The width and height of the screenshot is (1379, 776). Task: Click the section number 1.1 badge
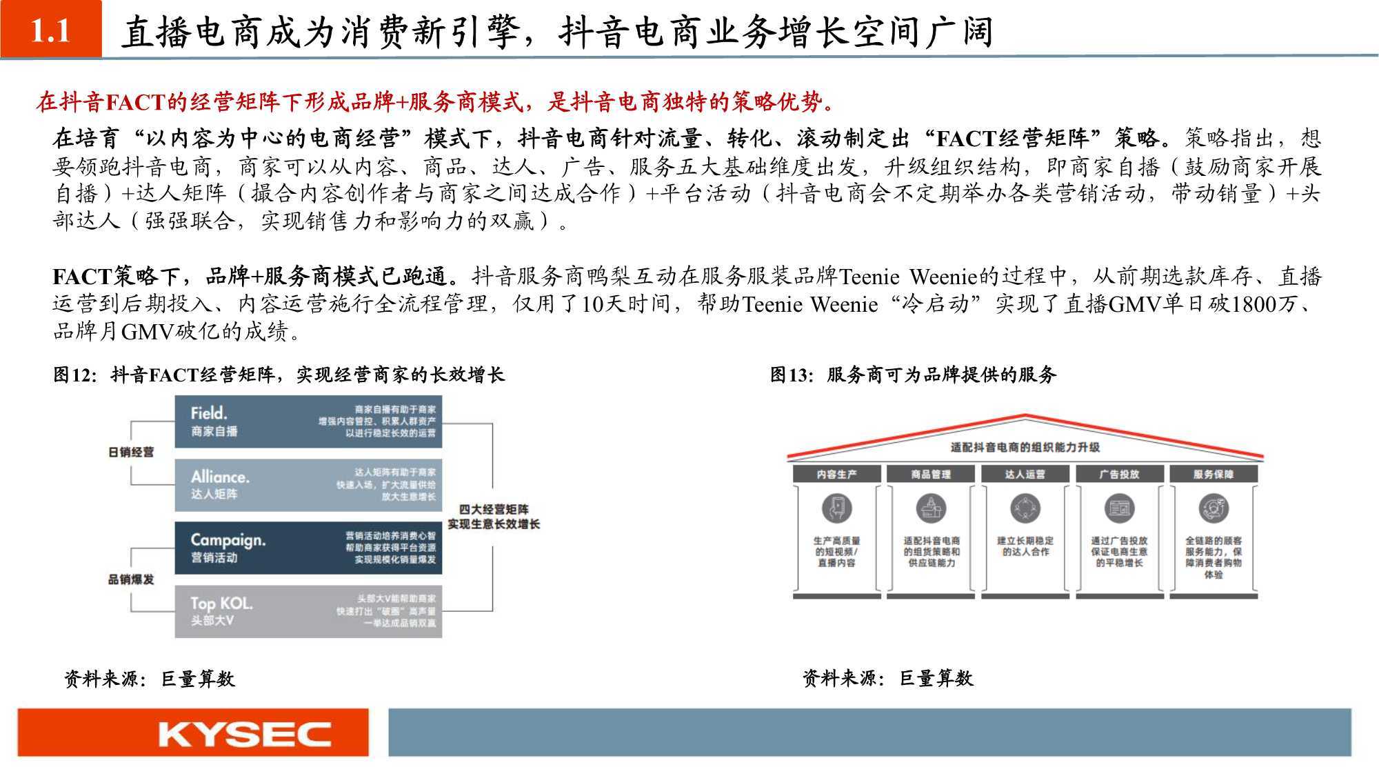click(51, 30)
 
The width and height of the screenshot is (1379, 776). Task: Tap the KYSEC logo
click(244, 734)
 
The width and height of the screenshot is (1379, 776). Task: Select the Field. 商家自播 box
click(308, 421)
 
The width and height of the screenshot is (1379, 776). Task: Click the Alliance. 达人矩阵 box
click(308, 485)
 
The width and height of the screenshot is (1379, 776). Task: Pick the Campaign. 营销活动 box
click(308, 548)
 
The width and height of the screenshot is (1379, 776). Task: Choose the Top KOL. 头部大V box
click(308, 611)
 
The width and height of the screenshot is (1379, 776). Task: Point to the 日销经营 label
click(131, 452)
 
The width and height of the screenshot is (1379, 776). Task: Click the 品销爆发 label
click(131, 579)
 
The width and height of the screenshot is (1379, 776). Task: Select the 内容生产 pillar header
click(836, 475)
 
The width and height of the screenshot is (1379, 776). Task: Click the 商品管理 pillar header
click(931, 475)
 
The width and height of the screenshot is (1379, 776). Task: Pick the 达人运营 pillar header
click(1025, 475)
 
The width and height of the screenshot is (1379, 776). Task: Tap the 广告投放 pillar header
click(1119, 475)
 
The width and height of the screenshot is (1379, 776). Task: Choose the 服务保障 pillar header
click(1214, 475)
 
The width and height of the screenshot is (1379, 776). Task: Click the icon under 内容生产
click(836, 509)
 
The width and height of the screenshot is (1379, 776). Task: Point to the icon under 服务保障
click(1214, 509)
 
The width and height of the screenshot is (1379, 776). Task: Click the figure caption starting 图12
click(279, 375)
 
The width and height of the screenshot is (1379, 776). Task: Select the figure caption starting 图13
click(913, 375)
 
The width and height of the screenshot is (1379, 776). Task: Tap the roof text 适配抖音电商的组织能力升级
click(1025, 448)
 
